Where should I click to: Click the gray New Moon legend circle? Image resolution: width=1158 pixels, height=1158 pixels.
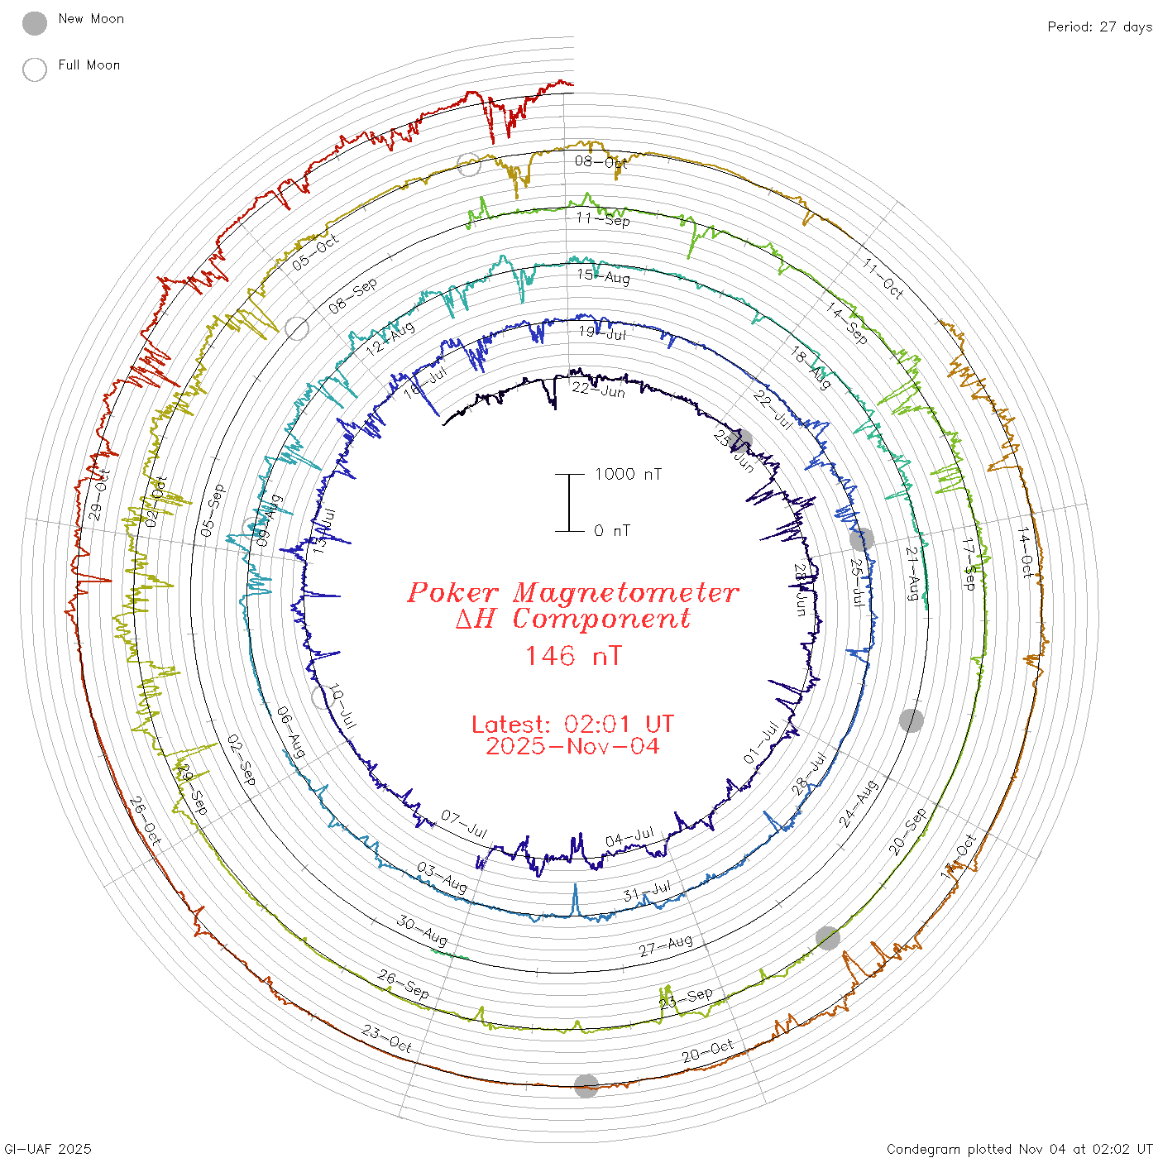pos(35,24)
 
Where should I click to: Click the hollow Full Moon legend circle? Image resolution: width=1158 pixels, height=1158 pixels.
pos(35,69)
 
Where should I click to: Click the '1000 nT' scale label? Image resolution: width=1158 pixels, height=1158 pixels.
pos(628,474)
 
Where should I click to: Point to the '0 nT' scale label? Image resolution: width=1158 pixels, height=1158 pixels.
pos(612,531)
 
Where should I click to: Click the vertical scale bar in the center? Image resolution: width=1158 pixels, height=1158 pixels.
pos(569,502)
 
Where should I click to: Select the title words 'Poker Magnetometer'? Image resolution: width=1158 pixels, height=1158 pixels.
pos(572,592)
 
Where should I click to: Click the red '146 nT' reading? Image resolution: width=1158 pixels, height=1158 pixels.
pos(572,656)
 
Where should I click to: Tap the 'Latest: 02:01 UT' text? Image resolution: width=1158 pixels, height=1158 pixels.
pos(572,725)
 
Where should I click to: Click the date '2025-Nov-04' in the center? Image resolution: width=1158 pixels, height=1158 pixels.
pos(572,746)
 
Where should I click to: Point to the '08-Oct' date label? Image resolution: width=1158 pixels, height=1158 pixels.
pos(601,162)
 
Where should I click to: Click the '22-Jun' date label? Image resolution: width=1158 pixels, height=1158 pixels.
pos(599,389)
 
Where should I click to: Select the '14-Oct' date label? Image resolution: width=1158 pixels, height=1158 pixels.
pos(1026,552)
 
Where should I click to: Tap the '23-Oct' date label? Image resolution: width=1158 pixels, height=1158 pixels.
pos(387,1038)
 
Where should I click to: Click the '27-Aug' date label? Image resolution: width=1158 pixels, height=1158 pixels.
pos(666,945)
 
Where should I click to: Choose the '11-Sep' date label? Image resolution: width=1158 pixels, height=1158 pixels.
pos(603,219)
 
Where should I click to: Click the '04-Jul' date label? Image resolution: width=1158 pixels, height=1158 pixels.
pos(630,837)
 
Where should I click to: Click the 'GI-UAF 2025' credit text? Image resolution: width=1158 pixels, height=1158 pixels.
pos(47,1149)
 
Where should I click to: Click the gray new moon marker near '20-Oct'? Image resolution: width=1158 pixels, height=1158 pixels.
pos(586,1086)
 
